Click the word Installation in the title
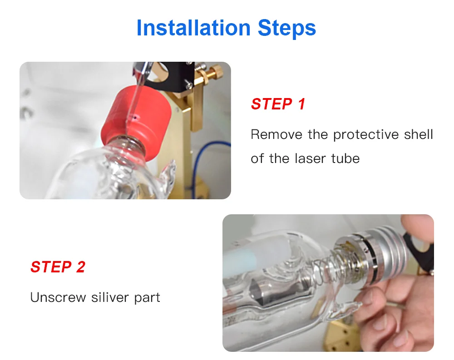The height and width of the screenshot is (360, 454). [193, 28]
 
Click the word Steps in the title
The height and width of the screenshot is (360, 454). [286, 29]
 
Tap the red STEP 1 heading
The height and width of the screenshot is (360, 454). [278, 104]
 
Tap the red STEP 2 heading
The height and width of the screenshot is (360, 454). [58, 267]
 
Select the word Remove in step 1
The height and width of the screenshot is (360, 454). [276, 134]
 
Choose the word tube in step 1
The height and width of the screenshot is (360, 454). [345, 159]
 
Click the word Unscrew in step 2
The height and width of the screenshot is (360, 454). [58, 297]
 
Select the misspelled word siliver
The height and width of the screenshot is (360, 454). [110, 297]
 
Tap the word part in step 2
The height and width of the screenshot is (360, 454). [147, 298]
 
